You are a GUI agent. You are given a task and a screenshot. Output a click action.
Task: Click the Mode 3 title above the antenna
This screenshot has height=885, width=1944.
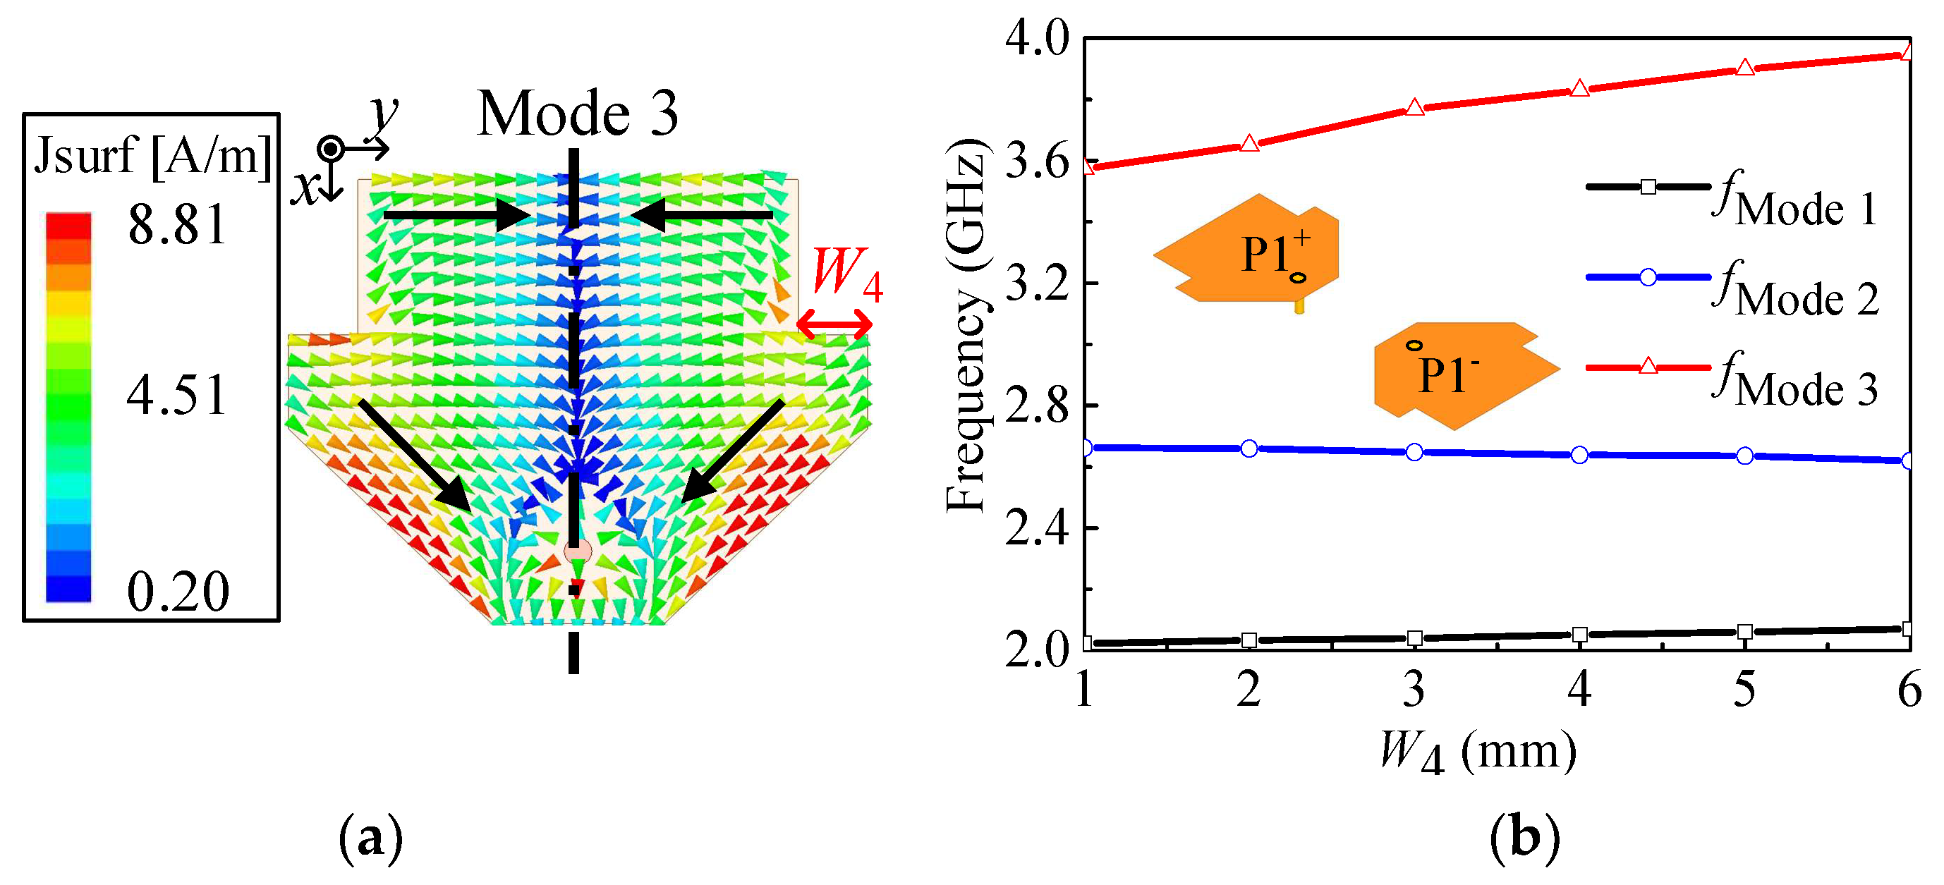click(577, 113)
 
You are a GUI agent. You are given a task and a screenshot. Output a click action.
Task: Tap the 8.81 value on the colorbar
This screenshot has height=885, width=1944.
click(177, 225)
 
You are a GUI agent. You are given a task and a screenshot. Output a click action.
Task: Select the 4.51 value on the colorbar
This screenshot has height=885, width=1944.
click(177, 395)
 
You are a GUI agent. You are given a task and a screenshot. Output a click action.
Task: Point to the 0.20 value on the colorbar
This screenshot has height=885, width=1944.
click(177, 592)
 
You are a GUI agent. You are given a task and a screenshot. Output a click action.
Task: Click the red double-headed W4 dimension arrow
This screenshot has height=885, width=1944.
click(834, 325)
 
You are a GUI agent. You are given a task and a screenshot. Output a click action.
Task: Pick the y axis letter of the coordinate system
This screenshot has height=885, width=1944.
click(383, 116)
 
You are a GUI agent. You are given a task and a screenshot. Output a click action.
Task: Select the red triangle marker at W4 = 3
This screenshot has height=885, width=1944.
click(1414, 108)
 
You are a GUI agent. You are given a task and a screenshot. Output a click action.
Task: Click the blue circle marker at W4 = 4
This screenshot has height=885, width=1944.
click(1579, 455)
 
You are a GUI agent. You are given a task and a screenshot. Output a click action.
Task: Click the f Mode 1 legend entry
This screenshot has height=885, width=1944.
click(1728, 197)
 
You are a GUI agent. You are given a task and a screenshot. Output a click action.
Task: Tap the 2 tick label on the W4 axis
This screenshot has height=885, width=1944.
click(1249, 690)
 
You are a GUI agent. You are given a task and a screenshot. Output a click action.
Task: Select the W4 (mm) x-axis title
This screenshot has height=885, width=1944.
click(1478, 752)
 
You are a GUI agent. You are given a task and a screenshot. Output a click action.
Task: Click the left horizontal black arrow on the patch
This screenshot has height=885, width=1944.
click(456, 216)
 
